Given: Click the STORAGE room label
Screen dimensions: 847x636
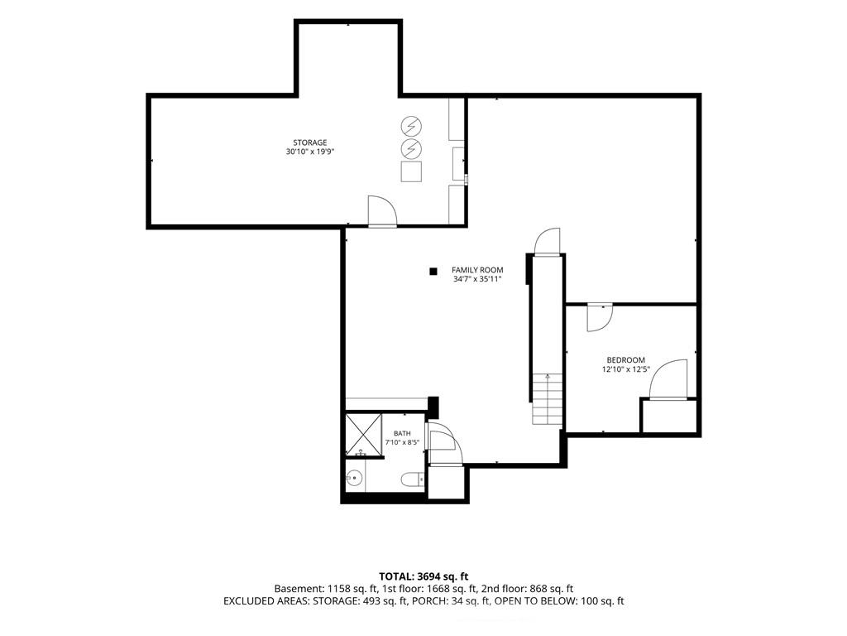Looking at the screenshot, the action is pos(310,142).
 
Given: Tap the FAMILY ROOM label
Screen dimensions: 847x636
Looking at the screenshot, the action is pos(477,270).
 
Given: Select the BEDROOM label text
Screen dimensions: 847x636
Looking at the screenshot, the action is pos(625,360).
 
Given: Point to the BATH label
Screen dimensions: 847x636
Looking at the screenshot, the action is pos(402,433).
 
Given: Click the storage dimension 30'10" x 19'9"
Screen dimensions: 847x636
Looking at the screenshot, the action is pos(310,152).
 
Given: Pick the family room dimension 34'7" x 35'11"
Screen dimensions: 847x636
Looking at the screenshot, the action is pos(477,279).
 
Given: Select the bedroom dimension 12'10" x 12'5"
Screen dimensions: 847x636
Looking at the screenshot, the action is pos(625,370).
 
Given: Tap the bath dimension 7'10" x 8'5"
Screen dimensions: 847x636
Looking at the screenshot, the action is pos(402,442).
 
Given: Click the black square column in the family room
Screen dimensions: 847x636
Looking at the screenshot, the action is pos(433,272).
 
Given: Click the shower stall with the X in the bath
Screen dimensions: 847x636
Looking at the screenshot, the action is pos(364,435).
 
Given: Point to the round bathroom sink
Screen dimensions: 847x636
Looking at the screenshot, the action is pos(354,478).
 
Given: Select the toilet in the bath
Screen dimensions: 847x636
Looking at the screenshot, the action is pos(414,479).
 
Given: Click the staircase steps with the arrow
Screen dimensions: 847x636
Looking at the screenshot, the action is pos(548,398).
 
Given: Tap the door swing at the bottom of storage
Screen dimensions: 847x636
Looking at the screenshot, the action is pos(382,211).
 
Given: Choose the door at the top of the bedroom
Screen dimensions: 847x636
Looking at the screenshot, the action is pos(600,318).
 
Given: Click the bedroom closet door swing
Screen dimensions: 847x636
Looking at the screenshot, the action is pos(668,379).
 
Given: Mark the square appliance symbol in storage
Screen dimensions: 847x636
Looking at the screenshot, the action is pos(411,171).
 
